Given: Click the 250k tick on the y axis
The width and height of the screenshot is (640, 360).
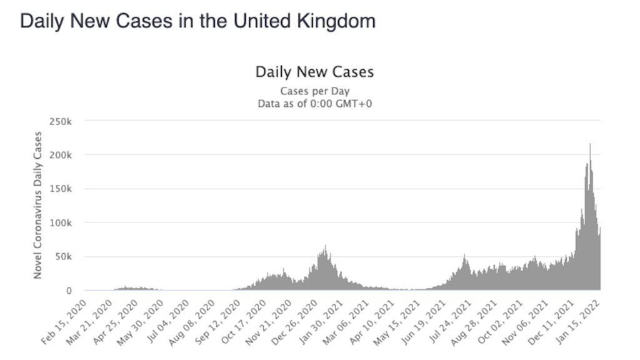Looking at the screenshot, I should tap(64, 121).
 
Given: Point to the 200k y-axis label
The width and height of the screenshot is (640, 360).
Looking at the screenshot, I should tap(64, 154).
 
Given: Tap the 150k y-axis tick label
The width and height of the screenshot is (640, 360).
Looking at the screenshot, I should tap(64, 189).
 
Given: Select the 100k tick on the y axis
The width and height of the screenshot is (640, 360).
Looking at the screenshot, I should tap(64, 222).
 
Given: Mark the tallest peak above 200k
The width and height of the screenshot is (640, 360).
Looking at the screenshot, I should tap(590, 144).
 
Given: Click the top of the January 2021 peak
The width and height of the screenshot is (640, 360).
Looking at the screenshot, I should tap(326, 246).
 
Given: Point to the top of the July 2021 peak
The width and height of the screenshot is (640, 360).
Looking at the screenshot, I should tap(464, 255).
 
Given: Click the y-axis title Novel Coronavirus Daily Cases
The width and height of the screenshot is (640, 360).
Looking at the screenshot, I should tap(38, 205).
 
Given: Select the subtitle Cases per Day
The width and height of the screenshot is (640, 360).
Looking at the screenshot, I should tap(314, 91).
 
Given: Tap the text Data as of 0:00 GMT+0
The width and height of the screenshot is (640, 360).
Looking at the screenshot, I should tap(314, 103).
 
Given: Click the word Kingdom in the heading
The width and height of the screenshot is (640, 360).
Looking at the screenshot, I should tap(340, 22).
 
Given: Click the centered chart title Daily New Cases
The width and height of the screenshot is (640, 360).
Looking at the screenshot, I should tap(314, 72).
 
